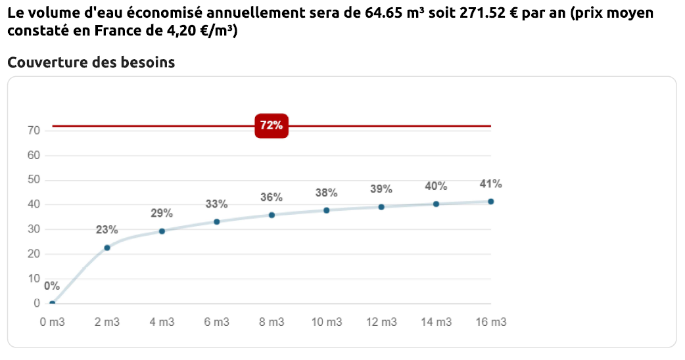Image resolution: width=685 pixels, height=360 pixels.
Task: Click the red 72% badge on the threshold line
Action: point(272,125)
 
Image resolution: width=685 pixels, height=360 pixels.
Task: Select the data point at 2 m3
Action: point(107,248)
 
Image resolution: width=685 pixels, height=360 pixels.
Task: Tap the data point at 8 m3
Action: point(272,215)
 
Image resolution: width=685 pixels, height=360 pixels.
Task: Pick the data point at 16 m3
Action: point(490,202)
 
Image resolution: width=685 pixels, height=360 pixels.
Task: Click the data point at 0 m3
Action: point(53,304)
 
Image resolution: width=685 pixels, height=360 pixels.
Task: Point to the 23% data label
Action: point(107,230)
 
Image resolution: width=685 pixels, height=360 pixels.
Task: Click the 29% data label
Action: point(162,214)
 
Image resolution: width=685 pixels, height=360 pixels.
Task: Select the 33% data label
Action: point(217,204)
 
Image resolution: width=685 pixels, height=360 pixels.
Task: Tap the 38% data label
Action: point(326,193)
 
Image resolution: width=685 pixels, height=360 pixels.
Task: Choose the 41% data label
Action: point(490,184)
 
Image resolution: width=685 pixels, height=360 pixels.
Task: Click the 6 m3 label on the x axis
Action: point(217,323)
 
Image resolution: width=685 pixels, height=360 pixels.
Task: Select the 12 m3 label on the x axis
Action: point(381,323)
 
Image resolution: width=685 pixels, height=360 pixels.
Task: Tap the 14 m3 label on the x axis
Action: point(436,323)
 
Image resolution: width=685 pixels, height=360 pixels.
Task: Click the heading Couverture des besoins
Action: point(91,62)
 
